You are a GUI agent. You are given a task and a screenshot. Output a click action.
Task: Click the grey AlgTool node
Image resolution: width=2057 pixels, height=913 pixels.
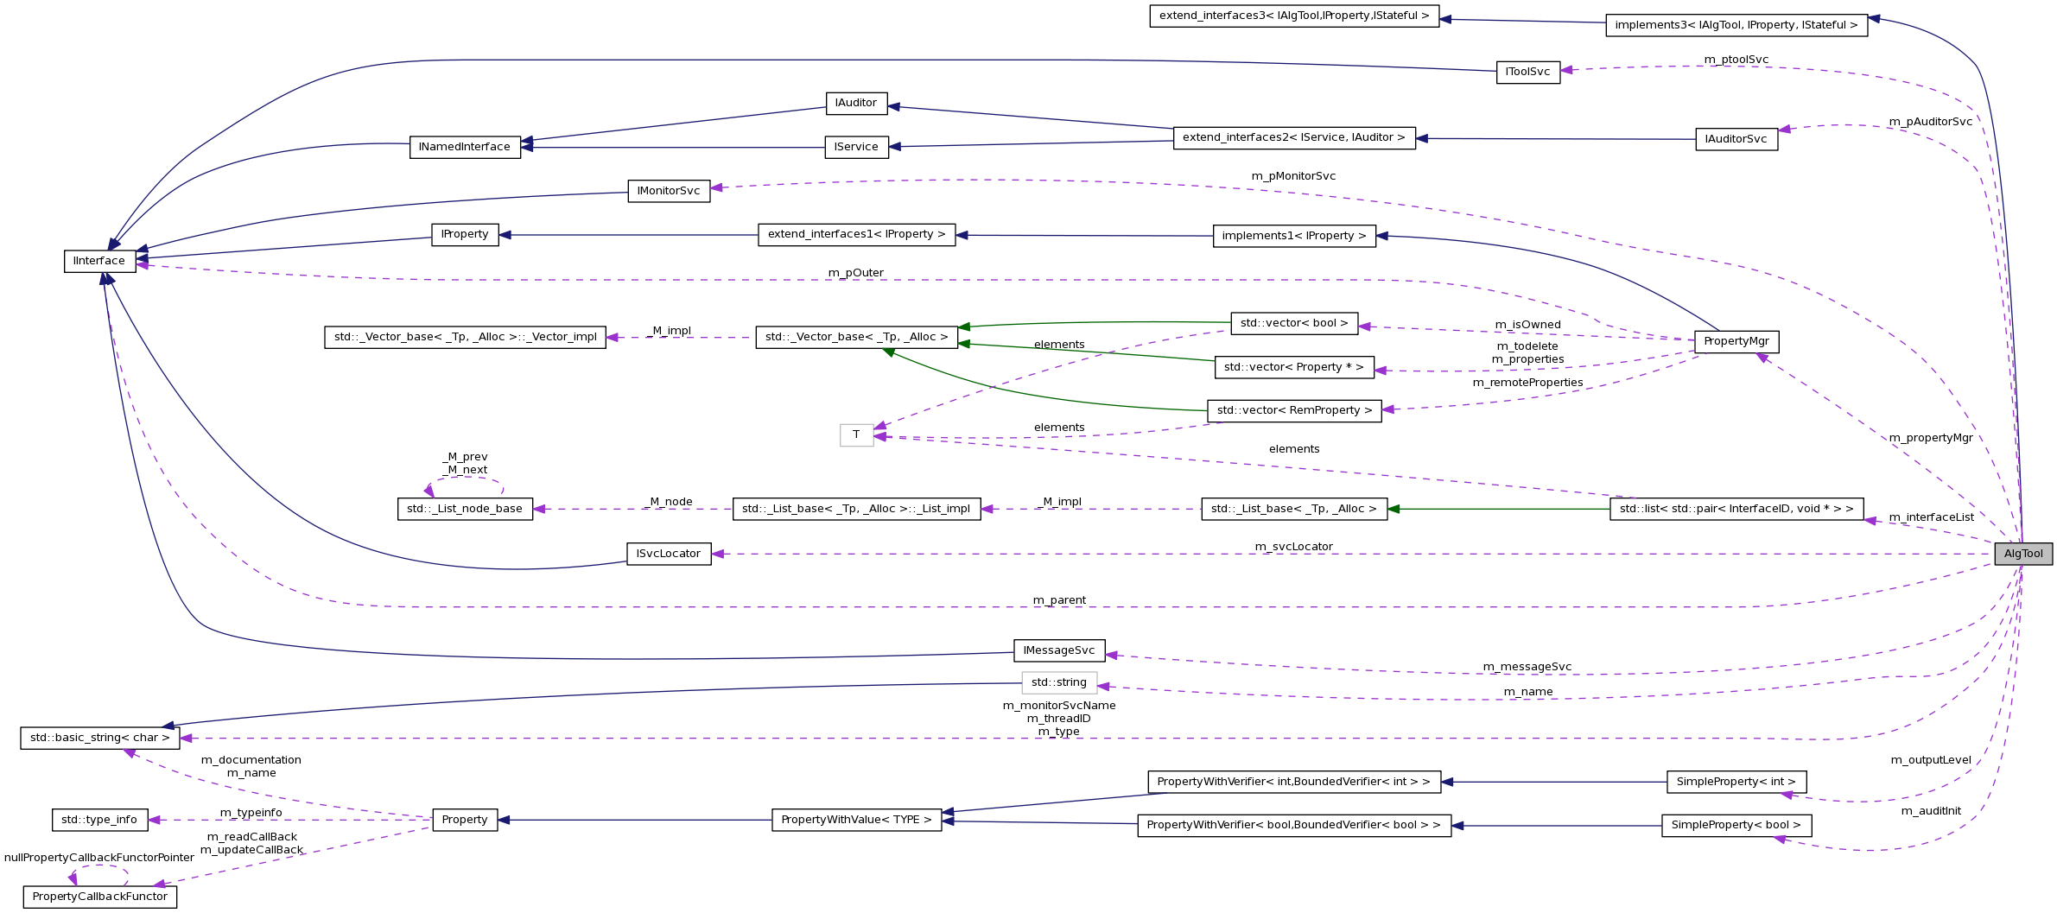pyautogui.click(x=2022, y=554)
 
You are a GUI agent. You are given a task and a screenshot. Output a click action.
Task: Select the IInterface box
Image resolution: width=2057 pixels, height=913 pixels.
pyautogui.click(x=99, y=261)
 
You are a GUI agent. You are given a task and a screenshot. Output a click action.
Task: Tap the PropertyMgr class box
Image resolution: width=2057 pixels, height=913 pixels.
pyautogui.click(x=1736, y=341)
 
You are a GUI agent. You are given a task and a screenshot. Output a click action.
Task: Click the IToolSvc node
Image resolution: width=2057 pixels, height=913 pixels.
pyautogui.click(x=1527, y=72)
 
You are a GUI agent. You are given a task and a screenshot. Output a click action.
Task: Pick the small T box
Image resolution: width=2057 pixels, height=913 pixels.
pyautogui.click(x=856, y=434)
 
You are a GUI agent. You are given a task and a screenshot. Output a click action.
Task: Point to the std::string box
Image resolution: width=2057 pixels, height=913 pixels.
pyautogui.click(x=1058, y=682)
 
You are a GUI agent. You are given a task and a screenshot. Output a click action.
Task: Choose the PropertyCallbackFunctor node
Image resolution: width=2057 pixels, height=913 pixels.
pyautogui.click(x=99, y=897)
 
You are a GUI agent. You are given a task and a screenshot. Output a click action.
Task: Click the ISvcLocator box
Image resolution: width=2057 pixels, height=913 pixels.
pyautogui.click(x=668, y=554)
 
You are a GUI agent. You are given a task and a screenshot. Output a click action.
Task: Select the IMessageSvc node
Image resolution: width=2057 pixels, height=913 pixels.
pyautogui.click(x=1058, y=650)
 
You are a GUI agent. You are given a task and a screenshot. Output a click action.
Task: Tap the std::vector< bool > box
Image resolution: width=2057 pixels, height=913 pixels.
pyautogui.click(x=1293, y=323)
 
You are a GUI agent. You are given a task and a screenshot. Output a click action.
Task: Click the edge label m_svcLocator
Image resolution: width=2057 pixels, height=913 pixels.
pyautogui.click(x=1293, y=546)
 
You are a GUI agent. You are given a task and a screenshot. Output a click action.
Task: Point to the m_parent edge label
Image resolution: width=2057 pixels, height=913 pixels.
pyautogui.click(x=1059, y=599)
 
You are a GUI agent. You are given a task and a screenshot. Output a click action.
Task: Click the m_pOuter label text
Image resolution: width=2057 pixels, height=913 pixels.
pyautogui.click(x=855, y=272)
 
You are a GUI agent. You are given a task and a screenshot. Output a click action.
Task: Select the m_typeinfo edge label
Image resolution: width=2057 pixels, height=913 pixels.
pyautogui.click(x=251, y=812)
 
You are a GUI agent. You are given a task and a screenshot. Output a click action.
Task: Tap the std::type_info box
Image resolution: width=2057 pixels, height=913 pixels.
pyautogui.click(x=99, y=820)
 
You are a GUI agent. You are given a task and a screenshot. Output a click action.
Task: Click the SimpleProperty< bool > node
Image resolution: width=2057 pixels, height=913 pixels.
pyautogui.click(x=1736, y=825)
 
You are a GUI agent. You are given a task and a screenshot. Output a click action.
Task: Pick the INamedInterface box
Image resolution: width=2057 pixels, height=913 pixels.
pyautogui.click(x=465, y=147)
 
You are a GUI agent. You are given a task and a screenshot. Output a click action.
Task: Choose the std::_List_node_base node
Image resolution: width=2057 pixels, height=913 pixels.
pyautogui.click(x=465, y=509)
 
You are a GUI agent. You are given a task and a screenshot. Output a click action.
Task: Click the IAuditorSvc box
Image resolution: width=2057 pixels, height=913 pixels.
pyautogui.click(x=1736, y=139)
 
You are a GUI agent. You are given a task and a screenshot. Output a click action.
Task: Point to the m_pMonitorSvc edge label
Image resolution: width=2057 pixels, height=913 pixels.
pyautogui.click(x=1293, y=175)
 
